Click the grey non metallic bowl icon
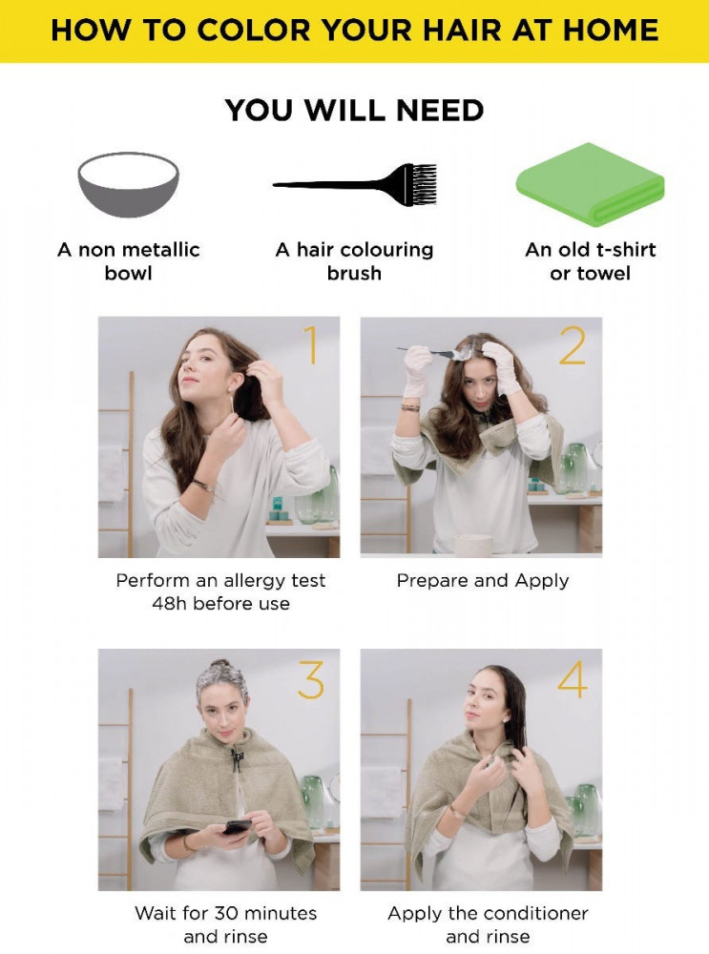[129, 184]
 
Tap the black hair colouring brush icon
[355, 184]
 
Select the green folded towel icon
[591, 184]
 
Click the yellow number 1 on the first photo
[312, 345]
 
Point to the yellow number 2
[573, 345]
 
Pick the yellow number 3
[311, 679]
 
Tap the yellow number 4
[573, 679]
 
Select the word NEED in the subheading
[440, 110]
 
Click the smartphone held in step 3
[237, 827]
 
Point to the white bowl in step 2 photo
[473, 544]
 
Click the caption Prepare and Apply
[483, 580]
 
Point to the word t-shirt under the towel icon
[626, 249]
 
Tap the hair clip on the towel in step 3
[236, 758]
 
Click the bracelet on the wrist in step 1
[204, 485]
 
